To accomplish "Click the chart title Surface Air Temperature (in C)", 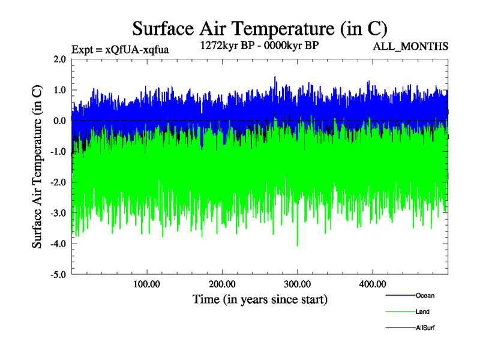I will tap(259, 29).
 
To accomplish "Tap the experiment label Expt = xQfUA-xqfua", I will tap(120, 50).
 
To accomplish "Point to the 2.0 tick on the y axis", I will tap(59, 59).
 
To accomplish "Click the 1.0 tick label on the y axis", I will tap(59, 90).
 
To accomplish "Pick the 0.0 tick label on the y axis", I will tap(59, 121).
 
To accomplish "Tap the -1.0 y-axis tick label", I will tap(58, 152).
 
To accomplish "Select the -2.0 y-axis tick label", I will tap(58, 182).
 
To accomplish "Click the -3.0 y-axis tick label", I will tap(58, 213).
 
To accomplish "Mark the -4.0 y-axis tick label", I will tap(58, 244).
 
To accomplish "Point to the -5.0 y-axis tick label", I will tap(58, 275).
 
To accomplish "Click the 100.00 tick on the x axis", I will tap(146, 284).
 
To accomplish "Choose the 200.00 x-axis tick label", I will tap(222, 284).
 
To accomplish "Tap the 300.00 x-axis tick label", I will tap(297, 284).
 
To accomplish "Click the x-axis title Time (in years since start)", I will tap(260, 298).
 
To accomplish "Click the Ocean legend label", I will tap(425, 295).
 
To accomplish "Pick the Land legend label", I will tap(422, 311).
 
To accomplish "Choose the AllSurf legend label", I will tap(425, 328).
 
